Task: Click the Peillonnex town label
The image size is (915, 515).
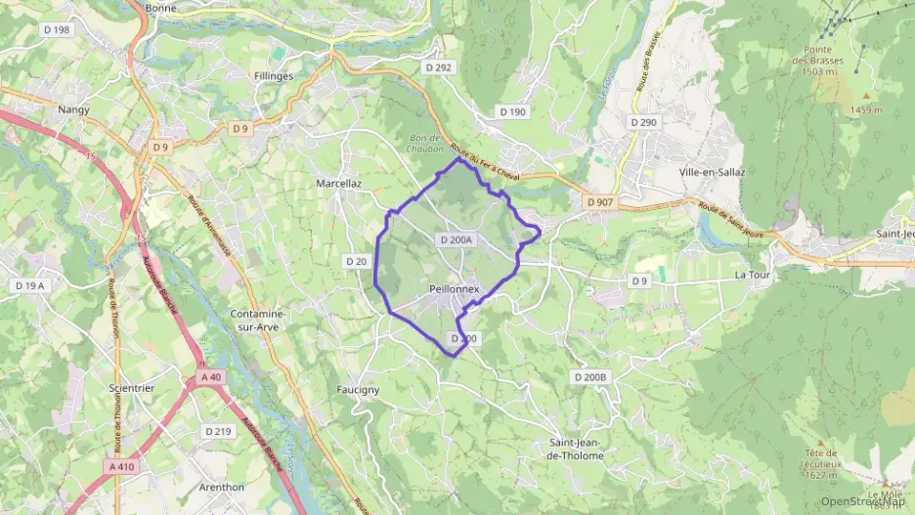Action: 455,289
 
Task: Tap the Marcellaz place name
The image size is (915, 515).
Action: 339,183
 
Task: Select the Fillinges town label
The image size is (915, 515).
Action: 273,75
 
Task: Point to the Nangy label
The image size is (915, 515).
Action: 74,109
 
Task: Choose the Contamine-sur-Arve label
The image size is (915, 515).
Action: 257,321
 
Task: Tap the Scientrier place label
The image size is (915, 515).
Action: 132,388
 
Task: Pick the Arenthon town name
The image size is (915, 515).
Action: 221,487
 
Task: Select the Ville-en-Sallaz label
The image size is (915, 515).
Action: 712,172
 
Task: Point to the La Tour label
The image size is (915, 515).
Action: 754,277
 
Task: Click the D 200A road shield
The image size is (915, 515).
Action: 457,239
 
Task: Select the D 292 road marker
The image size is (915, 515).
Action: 439,67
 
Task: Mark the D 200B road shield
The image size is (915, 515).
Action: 590,377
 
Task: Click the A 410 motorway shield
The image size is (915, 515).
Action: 122,467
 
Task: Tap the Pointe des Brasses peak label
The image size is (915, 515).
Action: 818,61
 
